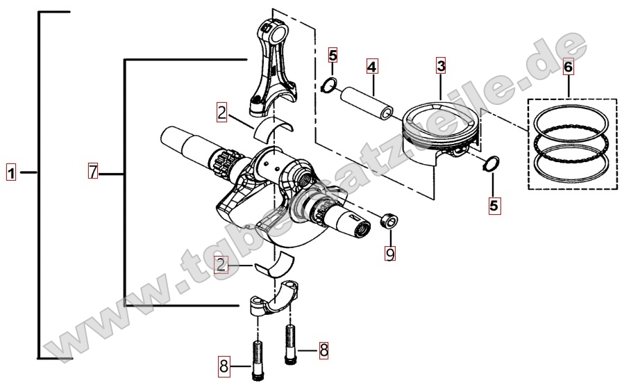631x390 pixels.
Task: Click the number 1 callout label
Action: [10, 171]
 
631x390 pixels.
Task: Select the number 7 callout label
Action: [94, 171]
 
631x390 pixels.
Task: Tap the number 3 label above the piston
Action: [441, 67]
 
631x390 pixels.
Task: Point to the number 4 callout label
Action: [372, 67]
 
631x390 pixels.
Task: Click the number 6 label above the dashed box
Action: [568, 67]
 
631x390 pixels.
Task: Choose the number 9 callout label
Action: [390, 254]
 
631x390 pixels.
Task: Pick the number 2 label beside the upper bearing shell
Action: [221, 111]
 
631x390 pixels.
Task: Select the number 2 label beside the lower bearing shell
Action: [221, 264]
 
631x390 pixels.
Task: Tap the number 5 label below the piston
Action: [494, 205]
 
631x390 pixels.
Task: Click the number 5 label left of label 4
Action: [333, 55]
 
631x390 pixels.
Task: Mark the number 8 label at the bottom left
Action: [224, 366]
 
